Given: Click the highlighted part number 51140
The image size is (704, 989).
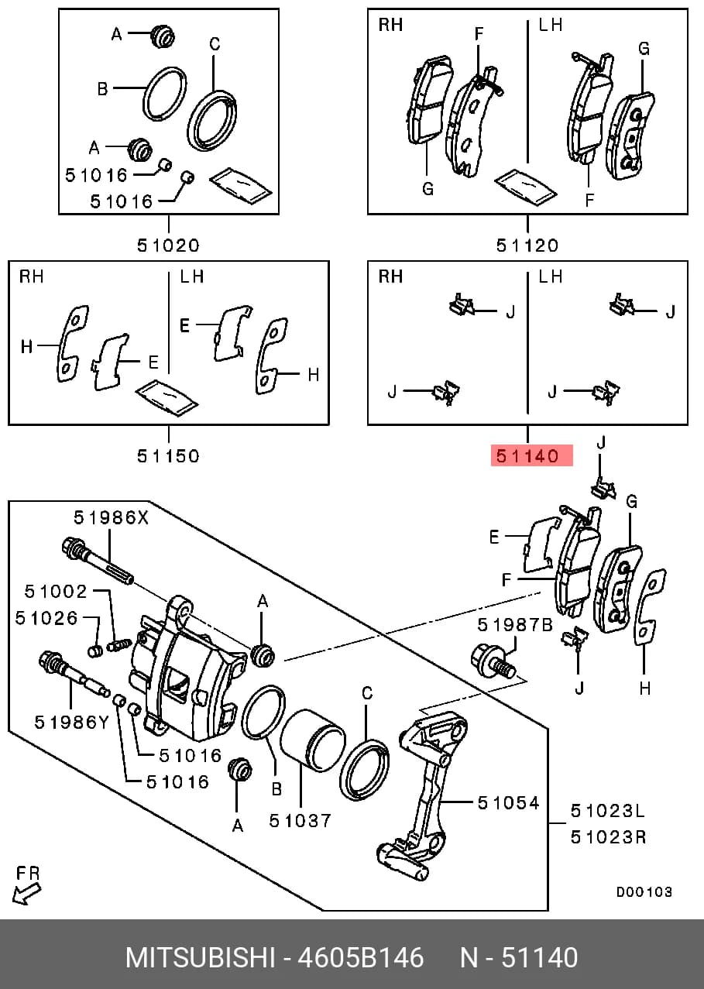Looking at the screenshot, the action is [x=527, y=455].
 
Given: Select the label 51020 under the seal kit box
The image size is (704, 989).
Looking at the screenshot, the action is [x=168, y=245].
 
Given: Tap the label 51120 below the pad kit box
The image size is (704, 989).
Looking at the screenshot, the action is [x=527, y=245].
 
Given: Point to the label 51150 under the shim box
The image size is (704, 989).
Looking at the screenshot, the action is [x=168, y=455].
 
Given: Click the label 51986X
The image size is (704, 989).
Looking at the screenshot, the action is [x=112, y=517].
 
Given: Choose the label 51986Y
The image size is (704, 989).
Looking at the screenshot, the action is [x=71, y=723].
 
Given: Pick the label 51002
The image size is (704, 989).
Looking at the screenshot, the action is [x=56, y=591].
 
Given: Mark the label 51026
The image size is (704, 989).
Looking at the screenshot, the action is [x=46, y=618].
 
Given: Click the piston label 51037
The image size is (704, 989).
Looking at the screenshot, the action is [x=300, y=821].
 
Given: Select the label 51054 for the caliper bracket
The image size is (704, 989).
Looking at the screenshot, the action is [x=508, y=803].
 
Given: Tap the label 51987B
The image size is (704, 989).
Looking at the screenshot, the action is [x=515, y=625].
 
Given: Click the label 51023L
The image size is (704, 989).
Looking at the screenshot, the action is [x=608, y=811].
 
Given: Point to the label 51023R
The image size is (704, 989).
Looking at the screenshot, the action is [x=608, y=836].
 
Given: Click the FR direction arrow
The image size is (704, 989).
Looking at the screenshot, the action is [x=26, y=895].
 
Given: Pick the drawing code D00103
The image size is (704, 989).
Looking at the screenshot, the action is [x=644, y=892].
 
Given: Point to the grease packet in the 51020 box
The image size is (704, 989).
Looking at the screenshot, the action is [x=241, y=185].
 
